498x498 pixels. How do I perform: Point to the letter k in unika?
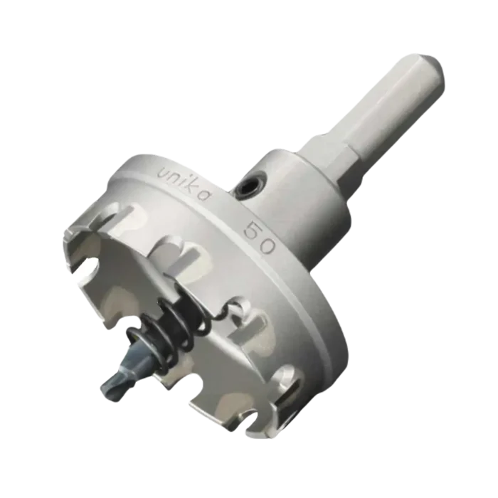pyautogui.click(x=193, y=186)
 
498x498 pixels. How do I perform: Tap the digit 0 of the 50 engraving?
pyautogui.click(x=266, y=245)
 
